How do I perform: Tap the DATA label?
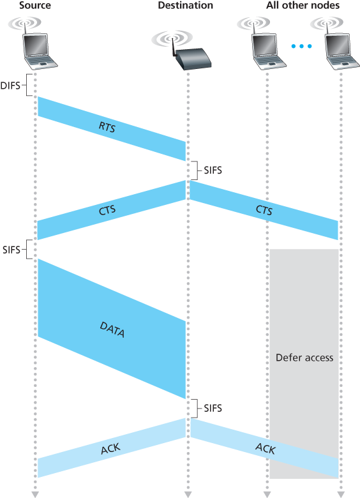[x=112, y=329]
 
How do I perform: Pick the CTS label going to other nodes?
[x=264, y=210]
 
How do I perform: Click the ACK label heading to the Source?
[x=110, y=450]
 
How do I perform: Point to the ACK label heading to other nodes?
[x=266, y=449]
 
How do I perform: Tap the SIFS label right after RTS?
[x=212, y=170]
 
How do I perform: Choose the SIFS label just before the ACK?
[x=212, y=407]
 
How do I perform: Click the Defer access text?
[x=304, y=358]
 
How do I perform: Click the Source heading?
[x=35, y=6]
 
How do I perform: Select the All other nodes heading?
[x=303, y=6]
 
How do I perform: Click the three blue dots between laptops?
[x=302, y=46]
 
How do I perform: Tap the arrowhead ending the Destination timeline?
[x=188, y=494]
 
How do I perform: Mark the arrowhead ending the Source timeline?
[x=36, y=494]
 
